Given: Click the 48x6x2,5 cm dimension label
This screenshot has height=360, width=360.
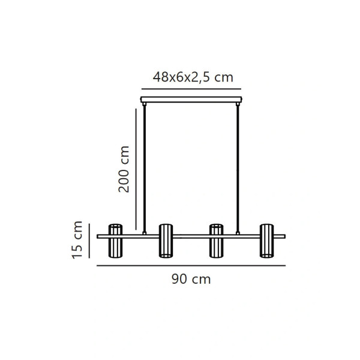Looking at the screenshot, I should click(193, 77).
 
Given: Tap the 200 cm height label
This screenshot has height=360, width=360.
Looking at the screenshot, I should click(124, 169).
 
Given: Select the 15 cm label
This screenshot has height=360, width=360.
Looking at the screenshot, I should click(77, 239).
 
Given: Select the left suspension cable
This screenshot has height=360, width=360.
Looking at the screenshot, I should click(145, 168).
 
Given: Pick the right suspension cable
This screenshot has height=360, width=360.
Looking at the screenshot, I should click(238, 168).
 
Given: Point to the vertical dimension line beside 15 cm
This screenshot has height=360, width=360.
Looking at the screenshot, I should click(89, 239).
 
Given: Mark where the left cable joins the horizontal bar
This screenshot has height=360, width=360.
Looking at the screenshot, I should click(145, 233).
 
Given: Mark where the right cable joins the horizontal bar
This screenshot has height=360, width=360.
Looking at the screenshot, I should click(238, 233).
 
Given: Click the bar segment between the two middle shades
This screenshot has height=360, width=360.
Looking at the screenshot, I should click(191, 236).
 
